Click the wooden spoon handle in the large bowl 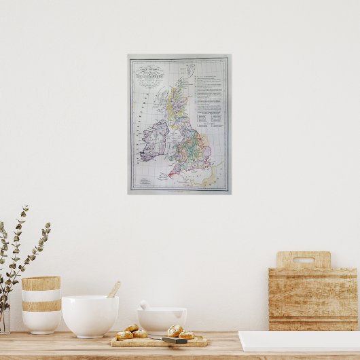click(113, 289)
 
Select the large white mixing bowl click(90, 315)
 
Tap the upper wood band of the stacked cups click(41, 283)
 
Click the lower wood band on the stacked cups click(41, 306)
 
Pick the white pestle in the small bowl click(145, 305)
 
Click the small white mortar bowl click(162, 320)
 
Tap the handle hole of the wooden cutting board click(303, 259)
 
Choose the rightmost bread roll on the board click(187, 335)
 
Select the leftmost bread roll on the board click(124, 335)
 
